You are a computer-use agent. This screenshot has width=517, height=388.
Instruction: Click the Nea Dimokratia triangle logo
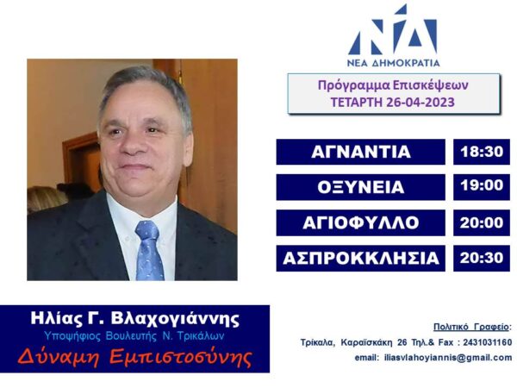click(x=394, y=30)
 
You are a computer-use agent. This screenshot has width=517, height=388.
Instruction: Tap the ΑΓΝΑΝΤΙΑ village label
click(x=361, y=152)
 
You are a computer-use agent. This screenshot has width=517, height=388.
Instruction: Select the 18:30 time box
click(x=482, y=152)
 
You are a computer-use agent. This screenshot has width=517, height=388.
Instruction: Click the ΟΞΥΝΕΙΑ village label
click(x=361, y=187)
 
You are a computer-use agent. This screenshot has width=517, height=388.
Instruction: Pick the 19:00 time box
click(x=482, y=187)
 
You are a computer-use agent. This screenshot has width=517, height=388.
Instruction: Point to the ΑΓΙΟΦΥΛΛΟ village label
click(x=361, y=222)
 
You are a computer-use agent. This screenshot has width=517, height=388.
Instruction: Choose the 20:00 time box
click(x=482, y=222)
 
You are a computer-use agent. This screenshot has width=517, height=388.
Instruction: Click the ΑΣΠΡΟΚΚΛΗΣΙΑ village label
click(x=361, y=259)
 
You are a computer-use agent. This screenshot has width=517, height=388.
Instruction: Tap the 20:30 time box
click(x=482, y=259)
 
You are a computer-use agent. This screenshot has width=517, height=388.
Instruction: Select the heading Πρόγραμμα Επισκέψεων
click(x=393, y=85)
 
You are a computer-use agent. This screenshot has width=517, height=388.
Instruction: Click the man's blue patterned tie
click(x=149, y=250)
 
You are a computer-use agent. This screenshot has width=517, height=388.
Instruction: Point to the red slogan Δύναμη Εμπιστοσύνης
click(x=135, y=357)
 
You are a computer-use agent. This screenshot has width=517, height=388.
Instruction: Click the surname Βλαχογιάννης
click(x=175, y=319)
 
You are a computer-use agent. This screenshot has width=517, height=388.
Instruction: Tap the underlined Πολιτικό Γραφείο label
click(x=470, y=327)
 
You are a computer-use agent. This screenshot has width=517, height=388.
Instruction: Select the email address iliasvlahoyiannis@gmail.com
click(x=448, y=358)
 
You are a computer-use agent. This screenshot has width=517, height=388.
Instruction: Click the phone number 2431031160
click(x=488, y=342)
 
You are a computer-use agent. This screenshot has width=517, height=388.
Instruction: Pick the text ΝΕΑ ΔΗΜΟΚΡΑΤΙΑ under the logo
click(x=394, y=63)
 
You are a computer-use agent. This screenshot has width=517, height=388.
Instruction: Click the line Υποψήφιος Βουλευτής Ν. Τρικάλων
click(x=134, y=336)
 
